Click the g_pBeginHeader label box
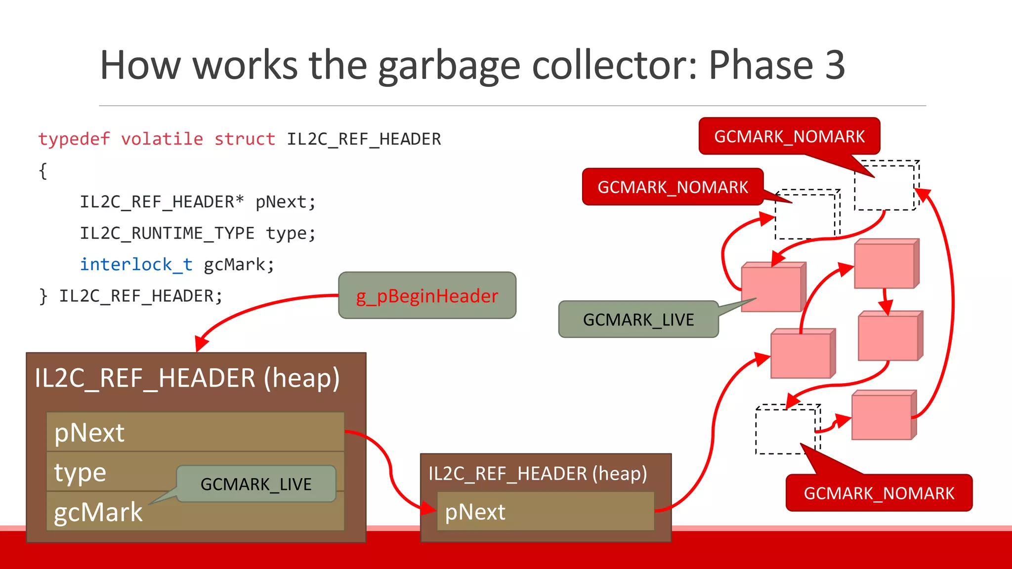(x=427, y=295)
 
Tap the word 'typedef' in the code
(x=74, y=139)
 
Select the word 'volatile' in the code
(x=162, y=139)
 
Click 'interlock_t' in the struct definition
(x=136, y=265)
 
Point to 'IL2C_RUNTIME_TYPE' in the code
(x=167, y=233)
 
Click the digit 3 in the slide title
(x=835, y=65)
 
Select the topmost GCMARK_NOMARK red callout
(x=789, y=136)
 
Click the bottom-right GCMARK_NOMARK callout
(x=879, y=492)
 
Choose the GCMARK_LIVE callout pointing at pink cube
(x=638, y=320)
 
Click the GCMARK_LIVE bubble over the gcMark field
(x=256, y=484)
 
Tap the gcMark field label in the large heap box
(x=98, y=512)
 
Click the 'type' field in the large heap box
(x=80, y=472)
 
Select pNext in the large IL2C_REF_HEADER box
(x=89, y=433)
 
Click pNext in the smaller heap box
(x=475, y=512)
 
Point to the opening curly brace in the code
(x=43, y=171)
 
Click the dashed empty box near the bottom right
(x=786, y=430)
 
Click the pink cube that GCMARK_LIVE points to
(x=772, y=288)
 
